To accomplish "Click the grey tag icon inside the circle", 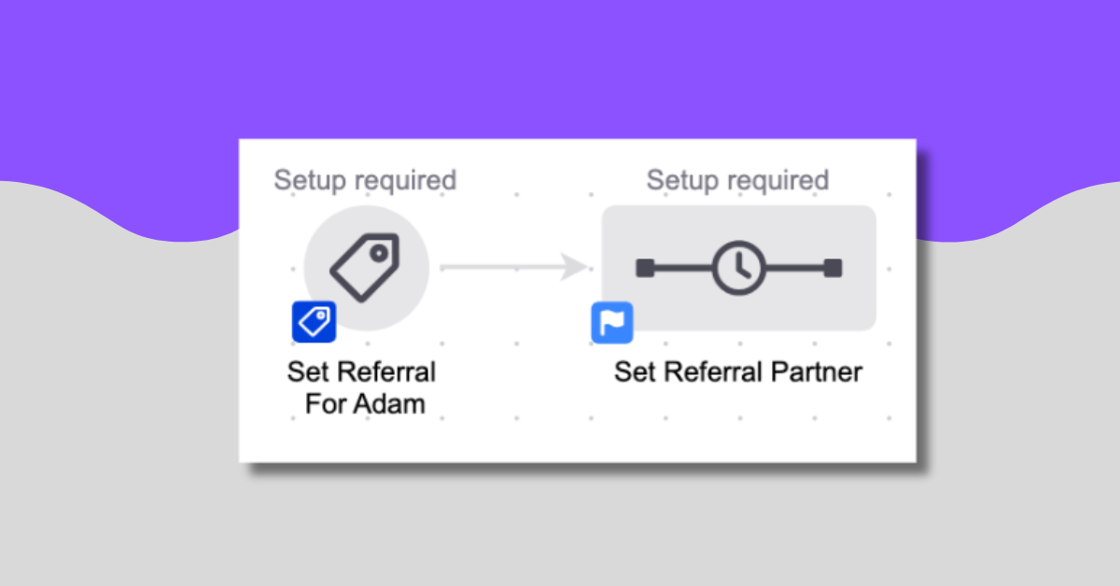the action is pos(365,267).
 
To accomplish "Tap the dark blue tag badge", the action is pos(314,322).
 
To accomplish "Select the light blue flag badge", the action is pos(612,323).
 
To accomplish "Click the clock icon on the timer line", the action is pos(738,269).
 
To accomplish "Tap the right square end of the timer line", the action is pos(833,269).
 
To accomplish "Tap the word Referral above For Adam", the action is pos(385,372).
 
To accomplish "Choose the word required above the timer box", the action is pos(781,180).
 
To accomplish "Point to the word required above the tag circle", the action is pos(408,180).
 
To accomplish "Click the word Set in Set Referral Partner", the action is pos(635,372).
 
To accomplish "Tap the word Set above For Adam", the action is pos(308,372).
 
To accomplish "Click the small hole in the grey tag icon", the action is pos(379,252).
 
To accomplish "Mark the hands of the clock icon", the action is pos(741,268).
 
